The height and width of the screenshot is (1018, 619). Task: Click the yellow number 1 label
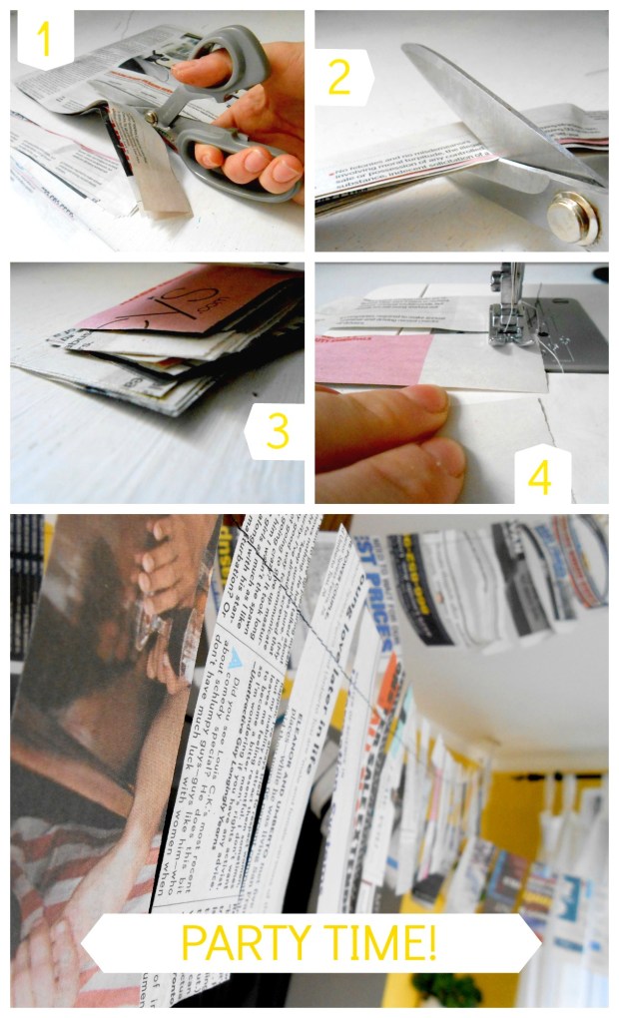pos(43,39)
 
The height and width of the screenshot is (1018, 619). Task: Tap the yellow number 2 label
pos(339,77)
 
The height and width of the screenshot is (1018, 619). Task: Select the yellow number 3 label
pos(277,431)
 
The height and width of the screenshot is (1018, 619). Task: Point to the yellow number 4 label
pos(539,476)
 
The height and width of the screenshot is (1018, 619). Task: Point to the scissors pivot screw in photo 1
pos(153,117)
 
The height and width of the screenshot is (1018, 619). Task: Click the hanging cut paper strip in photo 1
pos(150,165)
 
